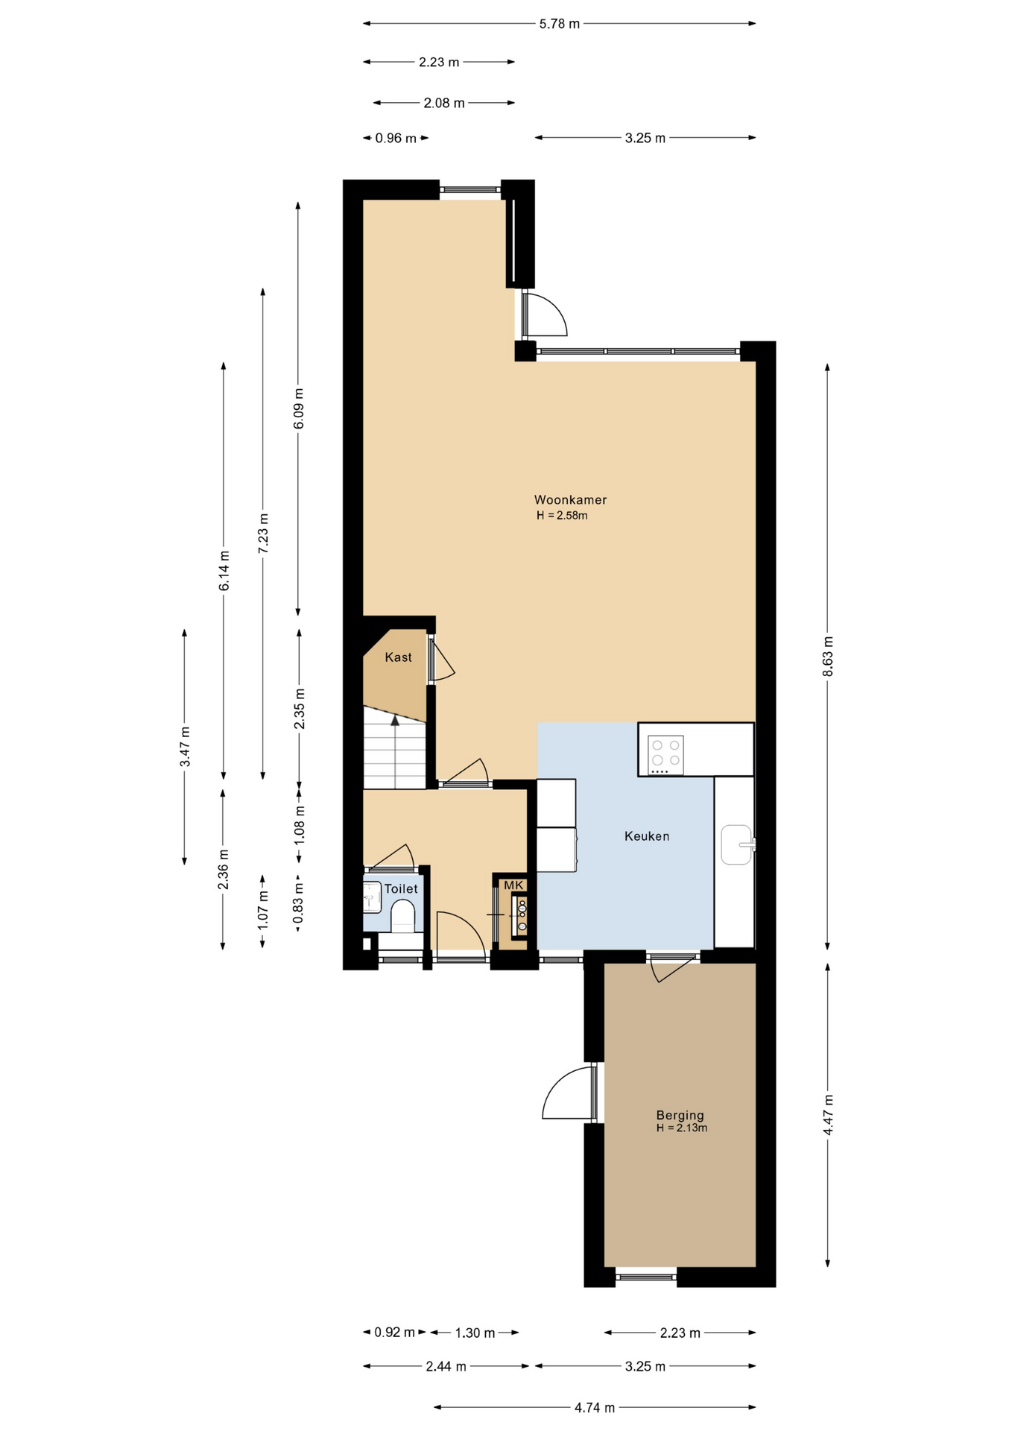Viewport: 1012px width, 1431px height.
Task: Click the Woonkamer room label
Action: (x=570, y=500)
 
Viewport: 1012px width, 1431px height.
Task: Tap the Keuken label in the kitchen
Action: (x=647, y=836)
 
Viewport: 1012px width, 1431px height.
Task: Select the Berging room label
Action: (x=680, y=1116)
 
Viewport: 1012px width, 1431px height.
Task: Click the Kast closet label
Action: (x=398, y=657)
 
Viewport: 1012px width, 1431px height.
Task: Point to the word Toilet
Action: (x=401, y=889)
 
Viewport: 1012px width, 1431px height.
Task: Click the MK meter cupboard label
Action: (x=514, y=885)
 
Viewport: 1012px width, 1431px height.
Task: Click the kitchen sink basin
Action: (x=736, y=844)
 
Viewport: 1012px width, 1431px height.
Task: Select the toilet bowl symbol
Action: (x=402, y=916)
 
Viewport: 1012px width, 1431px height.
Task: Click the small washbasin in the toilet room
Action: (x=372, y=897)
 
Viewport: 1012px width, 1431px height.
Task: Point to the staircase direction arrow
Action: (x=395, y=720)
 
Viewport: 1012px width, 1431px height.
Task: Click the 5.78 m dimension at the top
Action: (x=560, y=24)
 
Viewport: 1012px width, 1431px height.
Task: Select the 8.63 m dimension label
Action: (x=827, y=656)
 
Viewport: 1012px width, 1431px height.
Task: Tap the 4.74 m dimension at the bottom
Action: (x=595, y=1408)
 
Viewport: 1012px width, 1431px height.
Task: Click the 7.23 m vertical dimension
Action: (x=262, y=533)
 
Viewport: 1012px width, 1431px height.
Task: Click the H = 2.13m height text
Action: (x=682, y=1128)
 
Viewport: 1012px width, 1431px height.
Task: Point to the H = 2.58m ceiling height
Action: (x=562, y=516)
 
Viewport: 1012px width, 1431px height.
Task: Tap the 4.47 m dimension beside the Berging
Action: (x=827, y=1115)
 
